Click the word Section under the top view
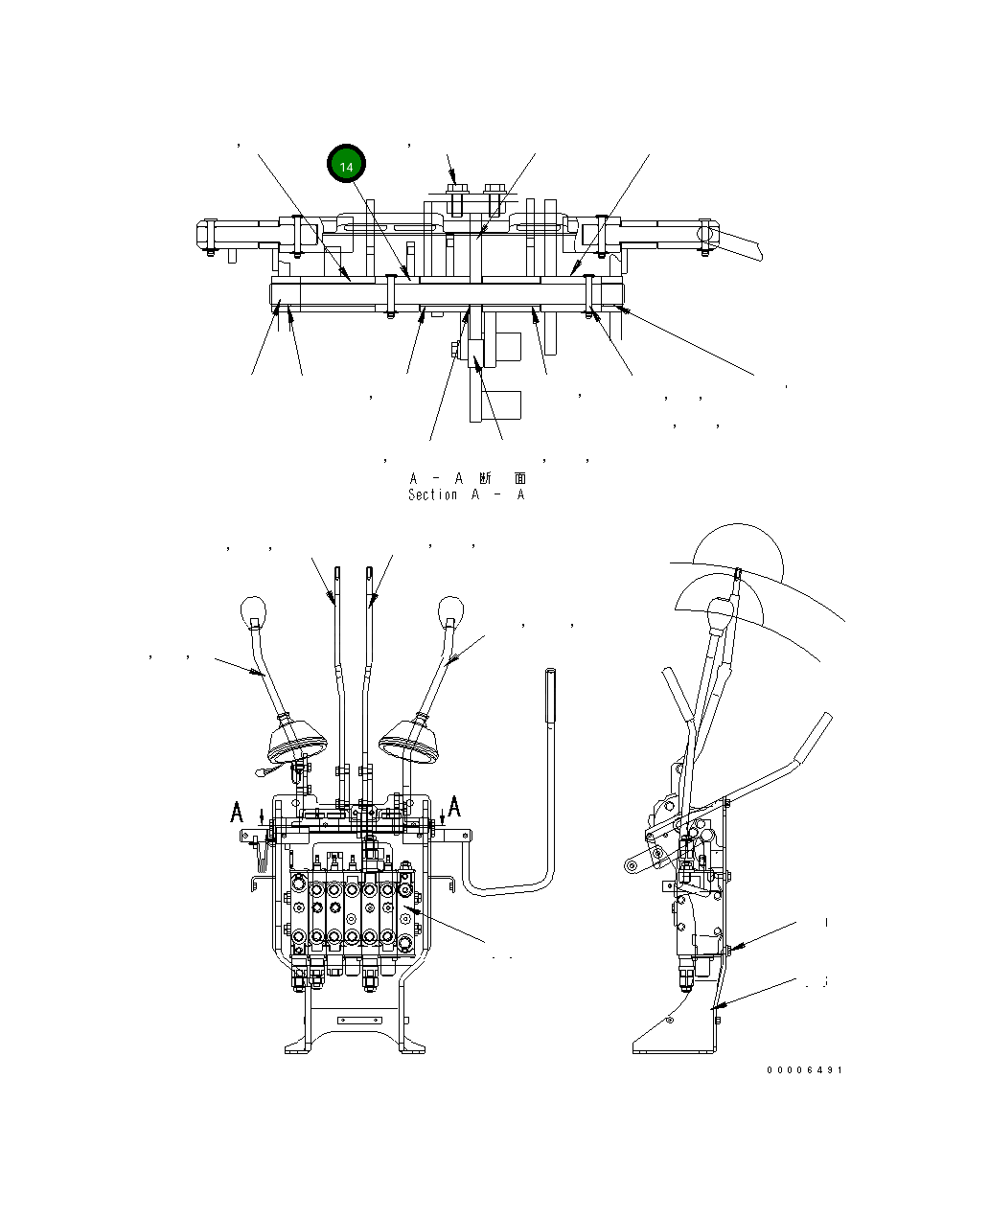pos(432,495)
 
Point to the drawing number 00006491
pos(804,1069)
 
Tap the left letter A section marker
pos(237,813)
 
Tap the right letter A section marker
pos(454,805)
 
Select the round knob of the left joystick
pos(251,609)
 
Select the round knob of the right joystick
pos(450,609)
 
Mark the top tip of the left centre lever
pos(337,574)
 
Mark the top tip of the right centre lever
pos(369,574)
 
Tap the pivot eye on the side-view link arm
pos(632,866)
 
